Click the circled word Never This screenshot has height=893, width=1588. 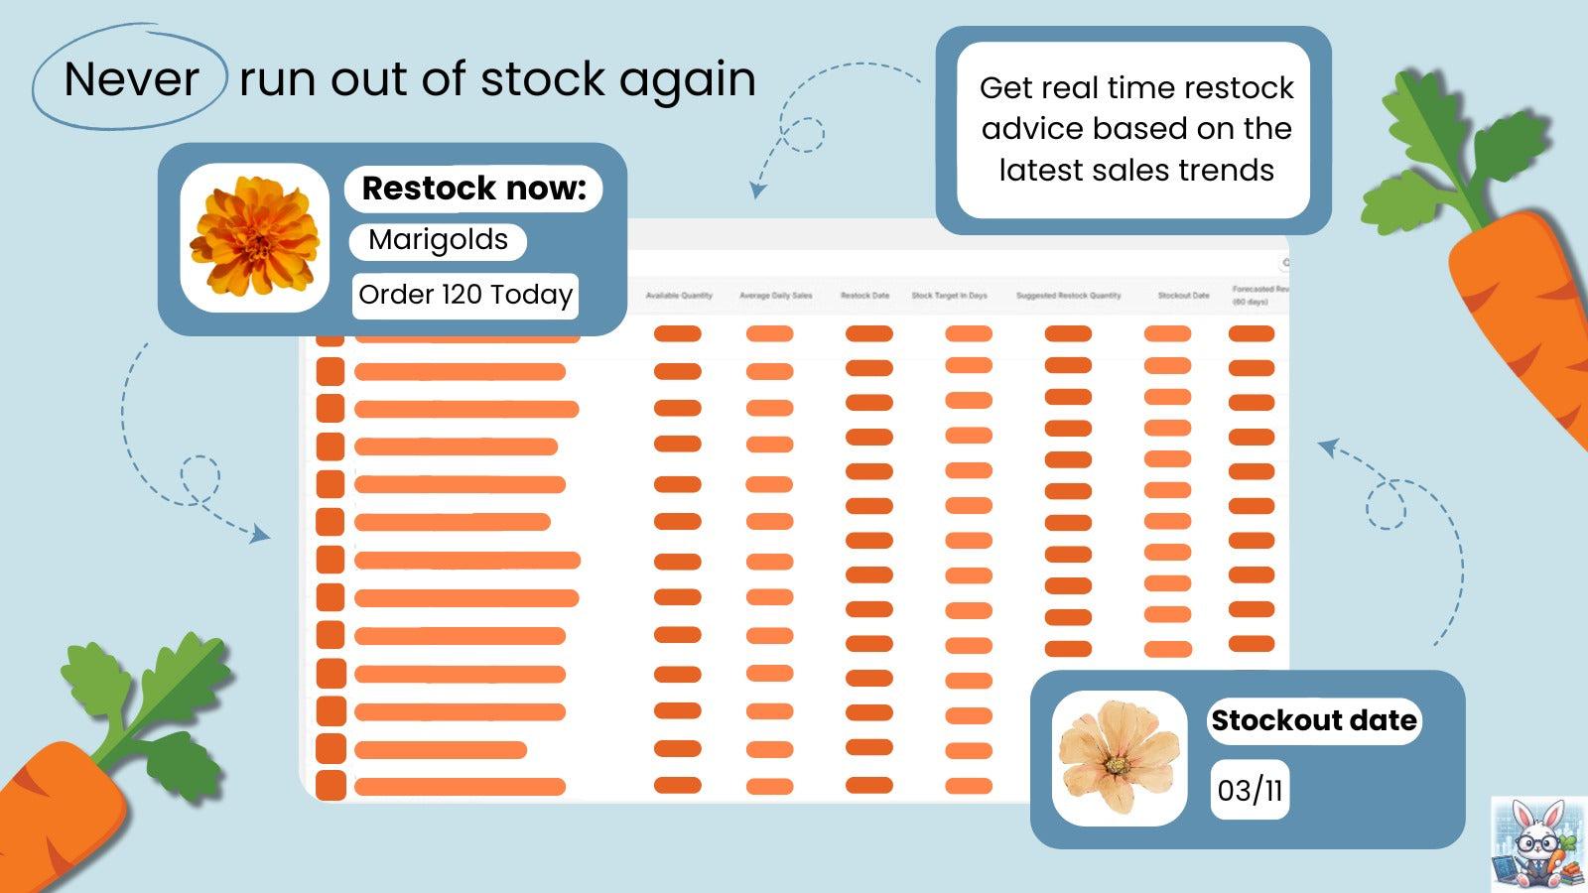tap(131, 79)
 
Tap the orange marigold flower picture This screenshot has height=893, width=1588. tap(255, 237)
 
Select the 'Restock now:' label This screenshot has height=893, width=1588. tap(473, 188)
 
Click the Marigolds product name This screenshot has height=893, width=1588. tap(438, 240)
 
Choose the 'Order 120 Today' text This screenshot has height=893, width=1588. tap(465, 295)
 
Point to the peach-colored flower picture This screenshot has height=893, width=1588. tap(1119, 757)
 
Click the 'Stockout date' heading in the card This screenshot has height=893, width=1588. tap(1313, 720)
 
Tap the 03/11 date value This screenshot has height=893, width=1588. tap(1250, 791)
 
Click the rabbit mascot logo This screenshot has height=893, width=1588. tap(1537, 844)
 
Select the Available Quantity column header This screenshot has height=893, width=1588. tap(679, 296)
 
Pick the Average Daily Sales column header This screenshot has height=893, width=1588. tap(775, 296)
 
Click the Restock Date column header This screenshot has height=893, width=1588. tap(864, 296)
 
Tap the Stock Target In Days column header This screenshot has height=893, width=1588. tap(949, 296)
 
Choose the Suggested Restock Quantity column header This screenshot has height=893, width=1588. tap(1068, 296)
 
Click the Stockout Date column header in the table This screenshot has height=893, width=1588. tap(1183, 296)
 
